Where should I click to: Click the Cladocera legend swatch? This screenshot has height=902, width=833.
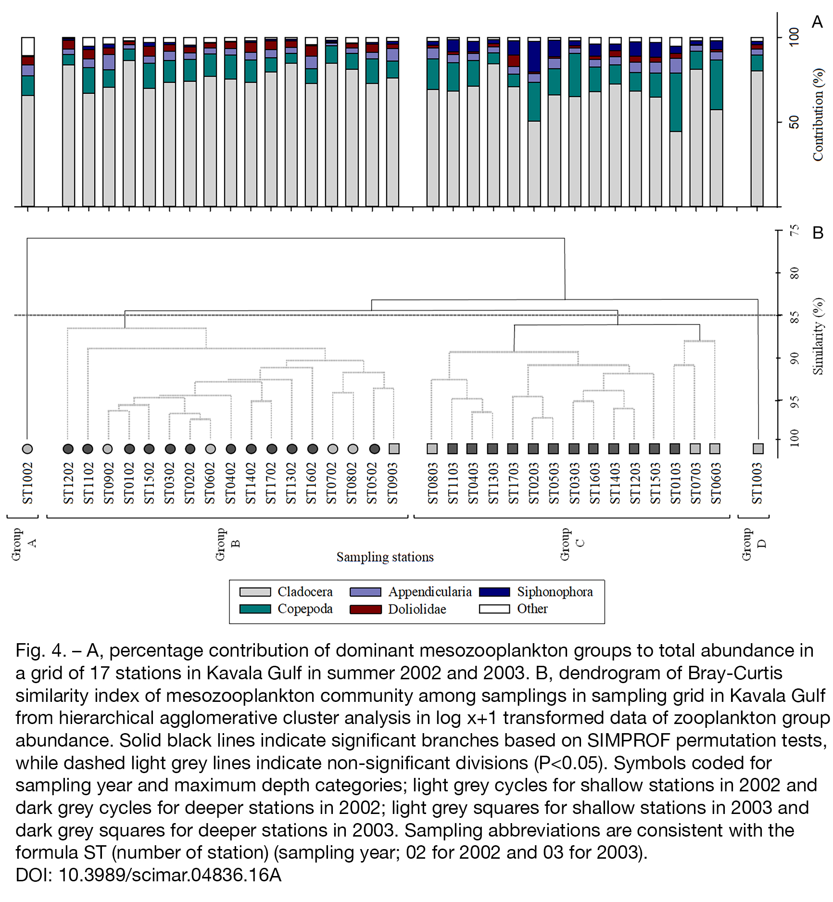(x=255, y=592)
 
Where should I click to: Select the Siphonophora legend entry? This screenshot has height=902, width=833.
(x=536, y=592)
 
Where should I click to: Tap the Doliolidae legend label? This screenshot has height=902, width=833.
(x=417, y=609)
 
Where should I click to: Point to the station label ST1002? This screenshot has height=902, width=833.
(x=27, y=483)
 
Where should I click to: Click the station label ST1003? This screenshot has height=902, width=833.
(x=757, y=483)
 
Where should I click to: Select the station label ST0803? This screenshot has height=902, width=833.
(x=433, y=483)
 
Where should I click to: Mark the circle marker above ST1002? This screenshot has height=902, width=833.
(x=27, y=449)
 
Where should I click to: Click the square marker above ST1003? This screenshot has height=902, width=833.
(x=758, y=449)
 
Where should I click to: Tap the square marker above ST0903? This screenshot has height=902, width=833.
(x=394, y=449)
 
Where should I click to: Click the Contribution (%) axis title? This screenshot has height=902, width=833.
(x=818, y=114)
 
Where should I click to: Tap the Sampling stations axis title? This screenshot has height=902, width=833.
(x=385, y=557)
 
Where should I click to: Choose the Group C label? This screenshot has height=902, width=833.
(x=572, y=544)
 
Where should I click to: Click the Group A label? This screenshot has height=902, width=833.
(x=24, y=544)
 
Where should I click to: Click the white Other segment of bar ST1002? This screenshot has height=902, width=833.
(x=28, y=47)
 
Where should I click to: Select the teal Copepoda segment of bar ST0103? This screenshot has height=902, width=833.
(x=676, y=102)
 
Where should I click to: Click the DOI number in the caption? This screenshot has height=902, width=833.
(x=170, y=875)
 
